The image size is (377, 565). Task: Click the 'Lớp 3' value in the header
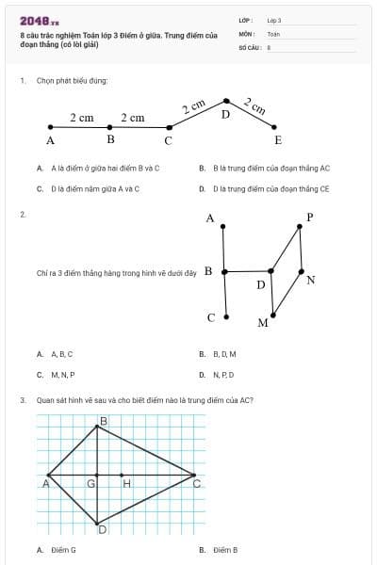(274, 20)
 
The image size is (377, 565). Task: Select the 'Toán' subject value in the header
(273, 33)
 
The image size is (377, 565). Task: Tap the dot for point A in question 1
(50, 126)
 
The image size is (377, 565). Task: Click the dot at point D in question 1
(225, 101)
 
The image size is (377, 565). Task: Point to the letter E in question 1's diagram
(277, 140)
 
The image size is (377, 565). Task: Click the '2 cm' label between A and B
(82, 118)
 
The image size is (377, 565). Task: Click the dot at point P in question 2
(299, 226)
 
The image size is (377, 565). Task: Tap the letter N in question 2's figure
(311, 280)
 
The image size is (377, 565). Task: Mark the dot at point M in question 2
(272, 315)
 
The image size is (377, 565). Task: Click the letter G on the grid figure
(91, 483)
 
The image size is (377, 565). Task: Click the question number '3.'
(23, 399)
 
